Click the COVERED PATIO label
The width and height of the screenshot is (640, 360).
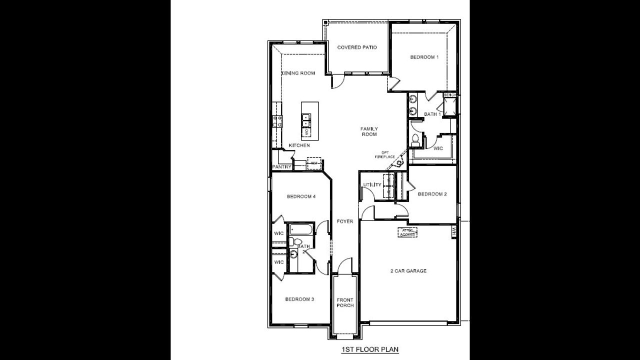coord(356,47)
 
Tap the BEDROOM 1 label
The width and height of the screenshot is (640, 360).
coord(424,57)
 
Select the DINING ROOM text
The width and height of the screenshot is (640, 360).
coord(298,73)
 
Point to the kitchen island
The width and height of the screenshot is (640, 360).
coord(309,120)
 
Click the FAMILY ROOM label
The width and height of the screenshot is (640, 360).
coord(368,131)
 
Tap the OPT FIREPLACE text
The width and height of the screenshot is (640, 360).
coord(384,155)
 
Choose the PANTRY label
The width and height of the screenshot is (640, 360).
coord(281,167)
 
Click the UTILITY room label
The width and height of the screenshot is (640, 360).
coord(372,185)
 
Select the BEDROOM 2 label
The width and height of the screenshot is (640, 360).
coord(432,194)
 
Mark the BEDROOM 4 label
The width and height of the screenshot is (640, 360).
coord(301,196)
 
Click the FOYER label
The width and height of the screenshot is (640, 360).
coord(345,221)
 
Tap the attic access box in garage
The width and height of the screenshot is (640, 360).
coord(408,232)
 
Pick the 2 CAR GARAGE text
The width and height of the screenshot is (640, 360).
coord(408,271)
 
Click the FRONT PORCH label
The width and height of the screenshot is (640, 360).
coord(345,303)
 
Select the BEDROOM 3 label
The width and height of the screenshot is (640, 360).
coord(299,299)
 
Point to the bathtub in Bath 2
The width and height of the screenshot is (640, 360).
coord(301,230)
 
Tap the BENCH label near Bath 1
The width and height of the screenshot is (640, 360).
coord(449,94)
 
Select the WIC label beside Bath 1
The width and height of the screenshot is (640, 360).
coord(438,148)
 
